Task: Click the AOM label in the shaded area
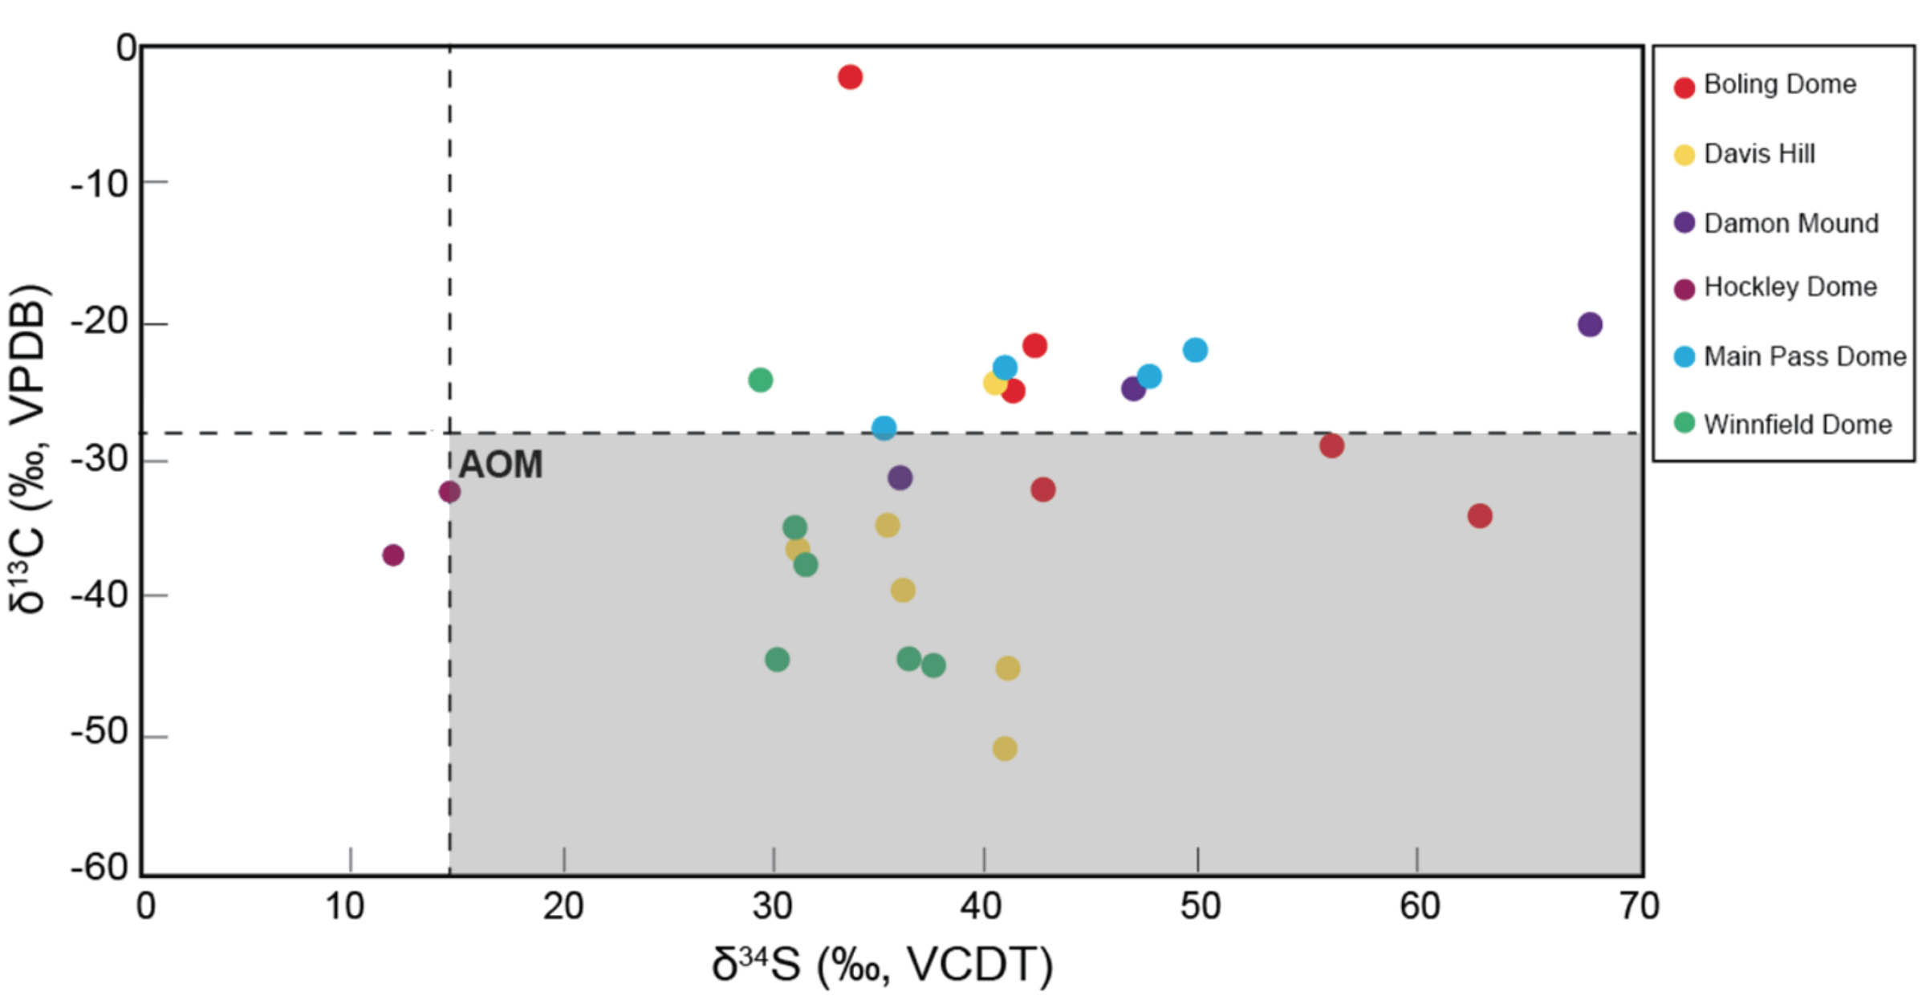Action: tap(500, 465)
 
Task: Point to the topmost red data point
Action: tap(850, 77)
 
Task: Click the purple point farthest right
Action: tap(1590, 324)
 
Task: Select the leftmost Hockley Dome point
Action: tap(392, 555)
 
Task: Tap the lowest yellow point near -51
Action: tap(1005, 749)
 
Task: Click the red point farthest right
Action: tap(1480, 516)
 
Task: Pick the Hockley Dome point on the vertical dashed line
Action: tap(449, 492)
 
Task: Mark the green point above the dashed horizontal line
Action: tap(760, 380)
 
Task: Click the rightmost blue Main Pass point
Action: tap(1195, 350)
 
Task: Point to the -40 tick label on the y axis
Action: tap(100, 596)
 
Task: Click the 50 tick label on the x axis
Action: tap(1200, 907)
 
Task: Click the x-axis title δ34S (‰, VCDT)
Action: tap(883, 965)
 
